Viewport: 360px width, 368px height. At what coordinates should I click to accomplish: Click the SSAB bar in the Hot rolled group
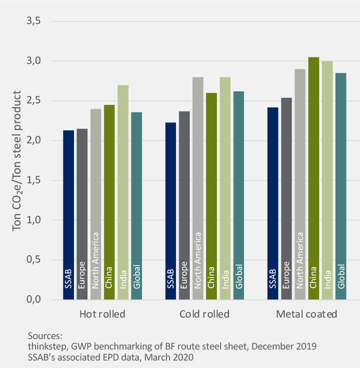pyautogui.click(x=68, y=215)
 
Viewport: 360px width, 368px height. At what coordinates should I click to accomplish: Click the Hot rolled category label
pyautogui.click(x=102, y=315)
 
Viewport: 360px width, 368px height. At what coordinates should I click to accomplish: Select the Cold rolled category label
pyautogui.click(x=204, y=315)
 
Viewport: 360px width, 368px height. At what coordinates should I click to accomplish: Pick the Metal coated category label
pyautogui.click(x=306, y=315)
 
